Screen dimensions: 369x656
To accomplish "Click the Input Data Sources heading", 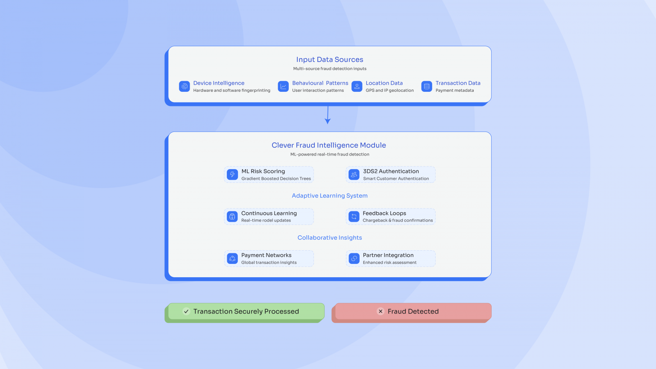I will pyautogui.click(x=330, y=60).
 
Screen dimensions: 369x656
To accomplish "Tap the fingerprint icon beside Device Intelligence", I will pyautogui.click(x=184, y=86).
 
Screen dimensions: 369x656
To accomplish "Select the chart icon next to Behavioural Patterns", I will pyautogui.click(x=283, y=86).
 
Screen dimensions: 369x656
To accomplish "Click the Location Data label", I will pyautogui.click(x=384, y=83).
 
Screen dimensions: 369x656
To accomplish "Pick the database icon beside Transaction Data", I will pyautogui.click(x=427, y=86).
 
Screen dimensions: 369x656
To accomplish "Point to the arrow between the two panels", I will pyautogui.click(x=328, y=115).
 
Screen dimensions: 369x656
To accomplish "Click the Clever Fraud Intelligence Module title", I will pyautogui.click(x=329, y=145).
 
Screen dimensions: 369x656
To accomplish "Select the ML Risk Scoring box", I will pyautogui.click(x=269, y=175).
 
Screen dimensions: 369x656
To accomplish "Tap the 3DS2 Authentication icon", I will pyautogui.click(x=354, y=175).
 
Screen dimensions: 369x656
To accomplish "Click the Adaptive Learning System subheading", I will pyautogui.click(x=330, y=196).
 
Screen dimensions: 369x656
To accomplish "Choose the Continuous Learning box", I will pyautogui.click(x=269, y=217).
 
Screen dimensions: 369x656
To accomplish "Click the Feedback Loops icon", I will pyautogui.click(x=354, y=217).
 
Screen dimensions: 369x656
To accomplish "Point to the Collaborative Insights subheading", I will pyautogui.click(x=330, y=237).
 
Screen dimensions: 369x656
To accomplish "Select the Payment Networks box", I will pyautogui.click(x=269, y=258).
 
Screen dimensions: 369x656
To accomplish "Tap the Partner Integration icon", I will pyautogui.click(x=354, y=258).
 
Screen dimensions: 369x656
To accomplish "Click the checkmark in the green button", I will pyautogui.click(x=186, y=311).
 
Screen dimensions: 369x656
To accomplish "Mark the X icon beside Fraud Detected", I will pyautogui.click(x=381, y=311).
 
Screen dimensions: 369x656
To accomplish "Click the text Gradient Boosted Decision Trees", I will pyautogui.click(x=276, y=179).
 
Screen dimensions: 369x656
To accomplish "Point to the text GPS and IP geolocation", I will pyautogui.click(x=389, y=91).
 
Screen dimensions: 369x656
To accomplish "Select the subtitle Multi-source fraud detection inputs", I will pyautogui.click(x=330, y=69).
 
